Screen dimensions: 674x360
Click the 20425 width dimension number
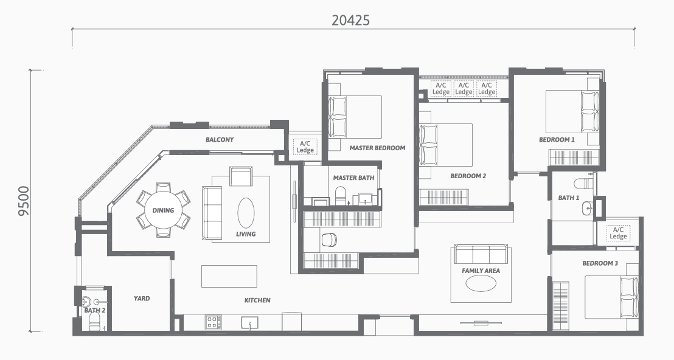(350, 20)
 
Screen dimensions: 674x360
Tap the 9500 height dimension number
(24, 201)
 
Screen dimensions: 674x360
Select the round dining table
(164, 210)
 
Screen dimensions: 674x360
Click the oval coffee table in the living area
(246, 213)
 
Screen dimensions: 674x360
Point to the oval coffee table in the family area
(481, 284)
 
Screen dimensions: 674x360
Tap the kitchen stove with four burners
(214, 322)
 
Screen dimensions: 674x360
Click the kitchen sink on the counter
(249, 323)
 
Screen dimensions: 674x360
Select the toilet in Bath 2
(94, 321)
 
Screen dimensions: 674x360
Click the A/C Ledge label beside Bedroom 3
(618, 234)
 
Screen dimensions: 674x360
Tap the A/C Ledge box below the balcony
(305, 147)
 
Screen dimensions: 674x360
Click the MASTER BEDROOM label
(377, 148)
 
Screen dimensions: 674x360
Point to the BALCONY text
(220, 140)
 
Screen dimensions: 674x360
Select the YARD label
(142, 299)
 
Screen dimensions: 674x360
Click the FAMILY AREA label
(481, 271)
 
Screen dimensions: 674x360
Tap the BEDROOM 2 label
(468, 176)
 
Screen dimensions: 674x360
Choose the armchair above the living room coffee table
(241, 176)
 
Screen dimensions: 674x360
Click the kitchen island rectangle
(229, 276)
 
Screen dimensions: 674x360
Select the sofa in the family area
(481, 254)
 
